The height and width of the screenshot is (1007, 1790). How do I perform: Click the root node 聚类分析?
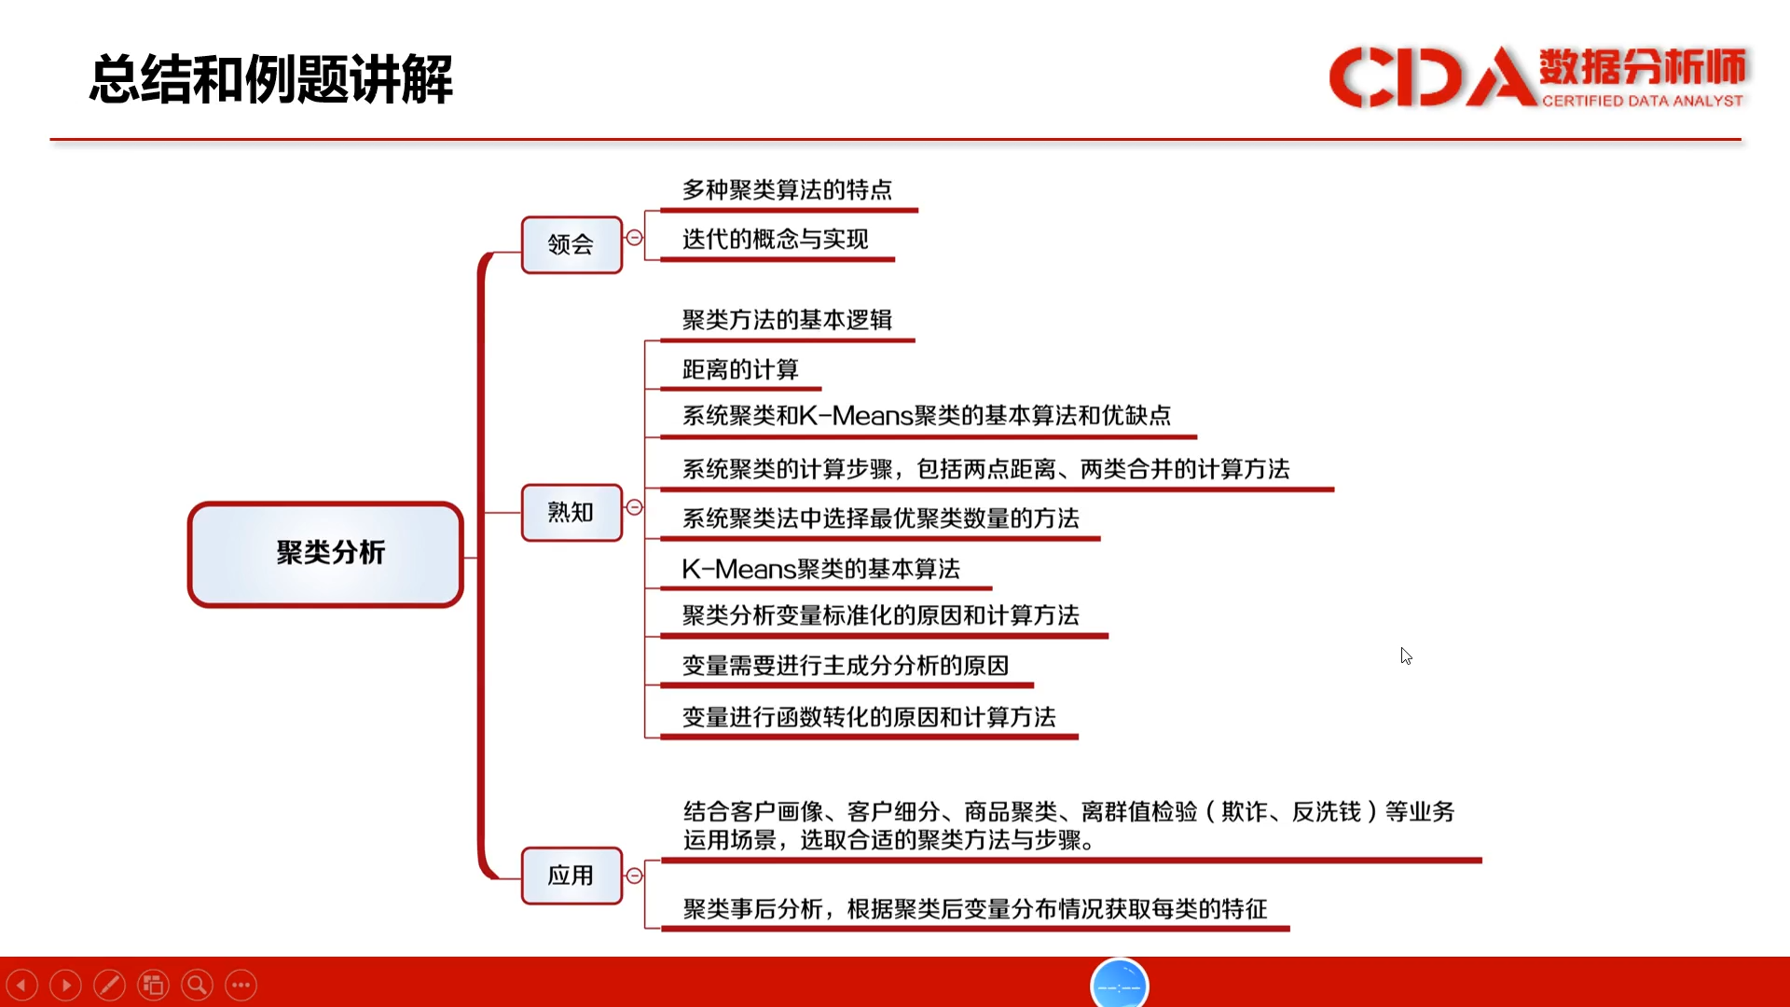tap(325, 554)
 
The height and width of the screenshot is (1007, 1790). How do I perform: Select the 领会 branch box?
tap(571, 244)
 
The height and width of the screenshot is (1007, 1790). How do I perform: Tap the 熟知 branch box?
tap(571, 512)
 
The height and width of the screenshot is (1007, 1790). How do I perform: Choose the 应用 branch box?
tap(571, 876)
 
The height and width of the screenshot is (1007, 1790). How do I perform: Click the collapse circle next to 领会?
tap(634, 238)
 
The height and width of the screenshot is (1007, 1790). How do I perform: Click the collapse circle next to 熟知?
tap(634, 507)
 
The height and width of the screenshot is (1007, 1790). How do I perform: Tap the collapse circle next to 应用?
tap(634, 876)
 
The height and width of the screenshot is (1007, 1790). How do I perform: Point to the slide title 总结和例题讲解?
tap(271, 79)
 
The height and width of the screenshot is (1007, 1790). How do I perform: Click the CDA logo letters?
tap(1432, 76)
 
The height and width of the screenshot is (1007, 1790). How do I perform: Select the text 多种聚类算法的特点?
tap(787, 190)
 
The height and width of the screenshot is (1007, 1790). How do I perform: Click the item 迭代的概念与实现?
tap(775, 240)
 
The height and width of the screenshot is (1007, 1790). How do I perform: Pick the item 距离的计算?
tap(740, 370)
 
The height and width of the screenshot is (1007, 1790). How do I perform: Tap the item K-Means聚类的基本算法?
tap(820, 569)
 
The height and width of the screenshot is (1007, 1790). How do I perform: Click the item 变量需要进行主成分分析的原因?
tap(846, 666)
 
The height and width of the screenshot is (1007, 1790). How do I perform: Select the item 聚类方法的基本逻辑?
tap(787, 320)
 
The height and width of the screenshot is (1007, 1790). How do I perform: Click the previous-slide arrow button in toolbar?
tap(21, 985)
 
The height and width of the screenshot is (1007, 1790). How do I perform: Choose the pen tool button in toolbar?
tap(109, 985)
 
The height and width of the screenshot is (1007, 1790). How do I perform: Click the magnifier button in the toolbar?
tap(197, 985)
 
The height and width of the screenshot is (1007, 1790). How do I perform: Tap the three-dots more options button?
tap(241, 985)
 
